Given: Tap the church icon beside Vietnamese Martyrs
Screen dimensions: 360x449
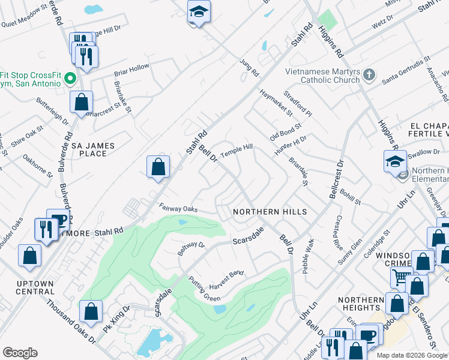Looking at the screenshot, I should click(x=369, y=75).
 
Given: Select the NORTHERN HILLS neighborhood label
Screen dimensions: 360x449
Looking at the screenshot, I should click(x=270, y=212).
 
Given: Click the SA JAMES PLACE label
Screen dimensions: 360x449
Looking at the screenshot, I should click(x=89, y=149).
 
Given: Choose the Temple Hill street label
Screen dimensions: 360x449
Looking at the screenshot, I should click(x=237, y=151).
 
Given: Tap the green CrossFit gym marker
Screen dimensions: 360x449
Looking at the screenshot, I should click(x=70, y=79).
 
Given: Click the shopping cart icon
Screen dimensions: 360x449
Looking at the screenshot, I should click(x=400, y=277).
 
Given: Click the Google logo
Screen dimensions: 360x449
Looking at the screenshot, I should click(x=20, y=353).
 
